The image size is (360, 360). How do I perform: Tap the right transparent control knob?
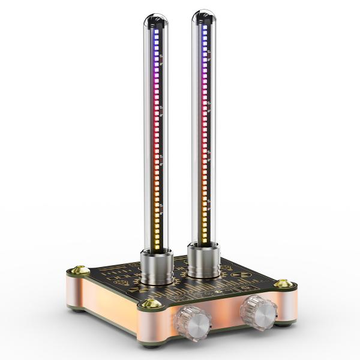258,310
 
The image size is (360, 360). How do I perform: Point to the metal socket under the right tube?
202,258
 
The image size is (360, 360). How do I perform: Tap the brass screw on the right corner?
283,283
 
